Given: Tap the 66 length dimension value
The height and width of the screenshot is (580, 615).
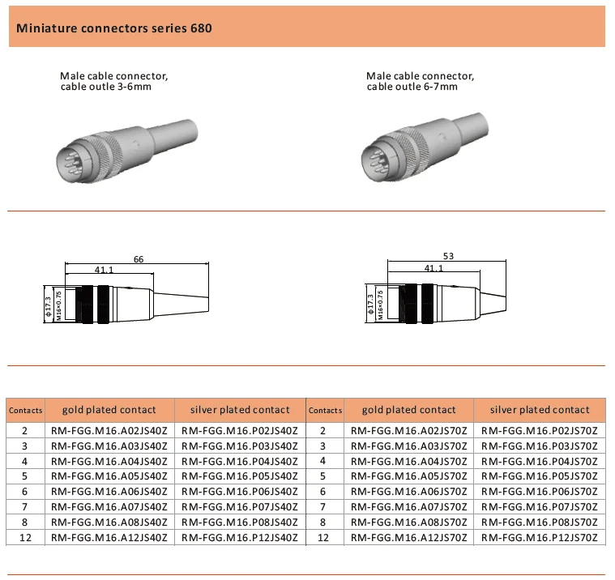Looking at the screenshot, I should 139,259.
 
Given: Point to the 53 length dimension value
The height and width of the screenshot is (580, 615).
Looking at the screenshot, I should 448,256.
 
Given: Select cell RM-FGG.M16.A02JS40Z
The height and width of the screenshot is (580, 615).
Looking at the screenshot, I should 109,430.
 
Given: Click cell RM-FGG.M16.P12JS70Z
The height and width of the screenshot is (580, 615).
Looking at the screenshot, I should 540,537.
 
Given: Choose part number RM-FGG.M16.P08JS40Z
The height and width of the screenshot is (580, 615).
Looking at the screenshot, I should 239,522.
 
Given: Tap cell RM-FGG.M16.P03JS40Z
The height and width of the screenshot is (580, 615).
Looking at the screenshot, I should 239,446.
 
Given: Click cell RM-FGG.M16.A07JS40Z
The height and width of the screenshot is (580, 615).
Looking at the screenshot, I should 109,506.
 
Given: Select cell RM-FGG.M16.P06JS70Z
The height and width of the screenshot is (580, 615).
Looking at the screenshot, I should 540,492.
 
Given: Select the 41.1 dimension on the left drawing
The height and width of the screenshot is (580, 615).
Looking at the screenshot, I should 104,270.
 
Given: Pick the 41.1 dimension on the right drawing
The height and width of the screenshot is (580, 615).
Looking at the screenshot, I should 433,268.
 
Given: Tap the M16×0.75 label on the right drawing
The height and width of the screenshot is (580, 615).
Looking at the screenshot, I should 380,307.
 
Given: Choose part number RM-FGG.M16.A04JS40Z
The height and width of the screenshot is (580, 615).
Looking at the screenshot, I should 109,461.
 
